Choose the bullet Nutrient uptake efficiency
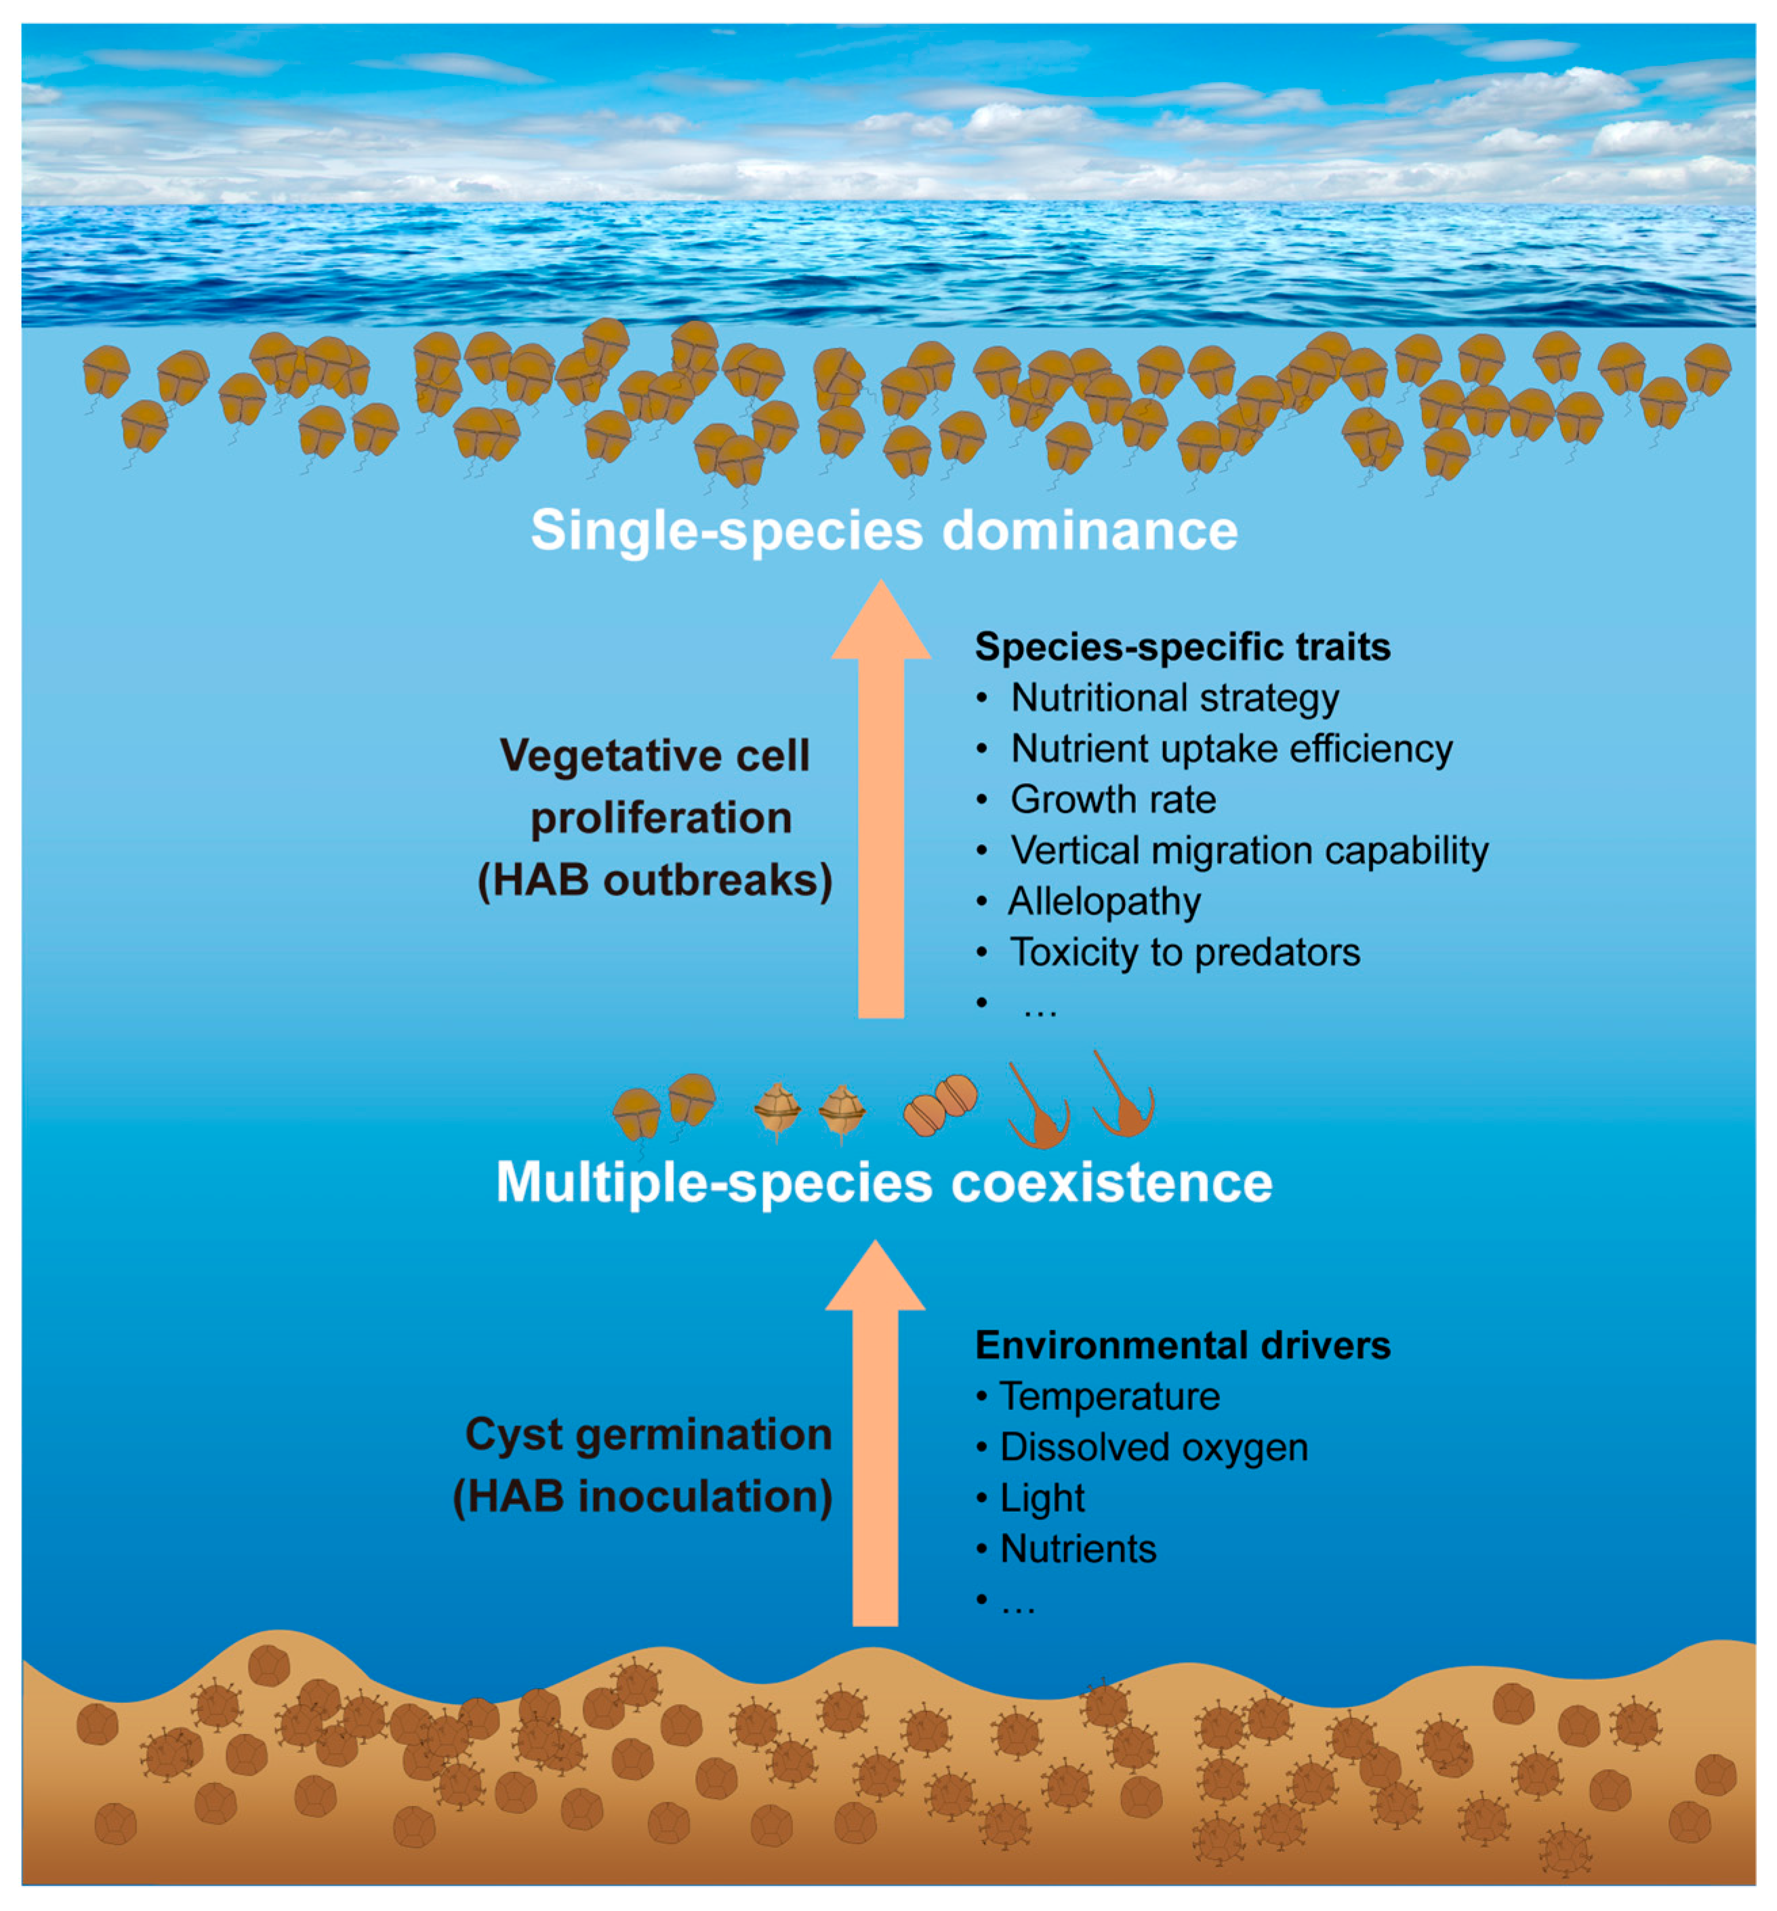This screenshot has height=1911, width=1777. [1231, 749]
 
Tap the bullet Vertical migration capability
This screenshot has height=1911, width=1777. [1248, 851]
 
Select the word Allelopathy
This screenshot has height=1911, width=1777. [1103, 902]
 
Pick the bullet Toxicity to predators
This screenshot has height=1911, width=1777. [1184, 952]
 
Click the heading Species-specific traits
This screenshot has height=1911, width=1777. [1182, 647]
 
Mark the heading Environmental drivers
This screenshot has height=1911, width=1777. [1182, 1346]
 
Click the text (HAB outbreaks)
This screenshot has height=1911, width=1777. [655, 881]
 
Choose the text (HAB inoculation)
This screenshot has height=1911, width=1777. [642, 1497]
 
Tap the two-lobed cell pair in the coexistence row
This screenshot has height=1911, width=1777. [940, 1106]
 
